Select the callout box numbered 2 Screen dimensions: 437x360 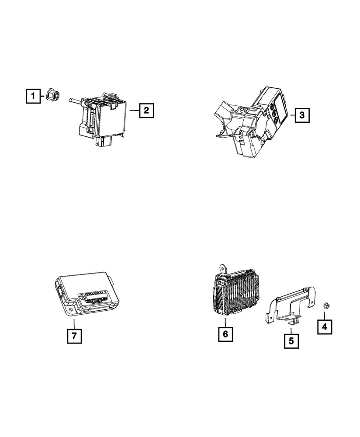147,111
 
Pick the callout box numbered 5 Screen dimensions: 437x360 291,340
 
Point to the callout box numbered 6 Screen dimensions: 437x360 225,334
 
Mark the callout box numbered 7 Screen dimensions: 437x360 74,336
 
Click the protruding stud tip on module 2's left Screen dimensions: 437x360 70,101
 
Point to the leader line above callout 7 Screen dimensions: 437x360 74,324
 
